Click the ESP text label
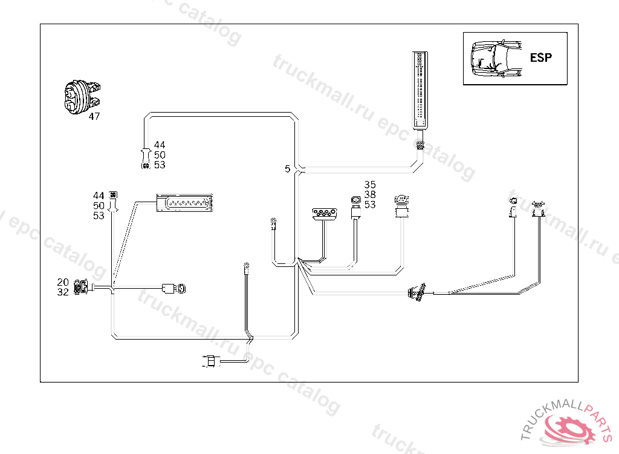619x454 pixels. (540, 58)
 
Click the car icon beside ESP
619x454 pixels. (496, 59)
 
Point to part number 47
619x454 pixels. (94, 116)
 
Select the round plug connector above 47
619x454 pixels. (82, 97)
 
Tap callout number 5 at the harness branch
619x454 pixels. (287, 169)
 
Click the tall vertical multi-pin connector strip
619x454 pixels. (420, 90)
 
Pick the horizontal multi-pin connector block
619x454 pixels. (184, 203)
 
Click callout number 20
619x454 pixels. (63, 282)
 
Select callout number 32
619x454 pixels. (63, 292)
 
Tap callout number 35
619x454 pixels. (370, 185)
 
